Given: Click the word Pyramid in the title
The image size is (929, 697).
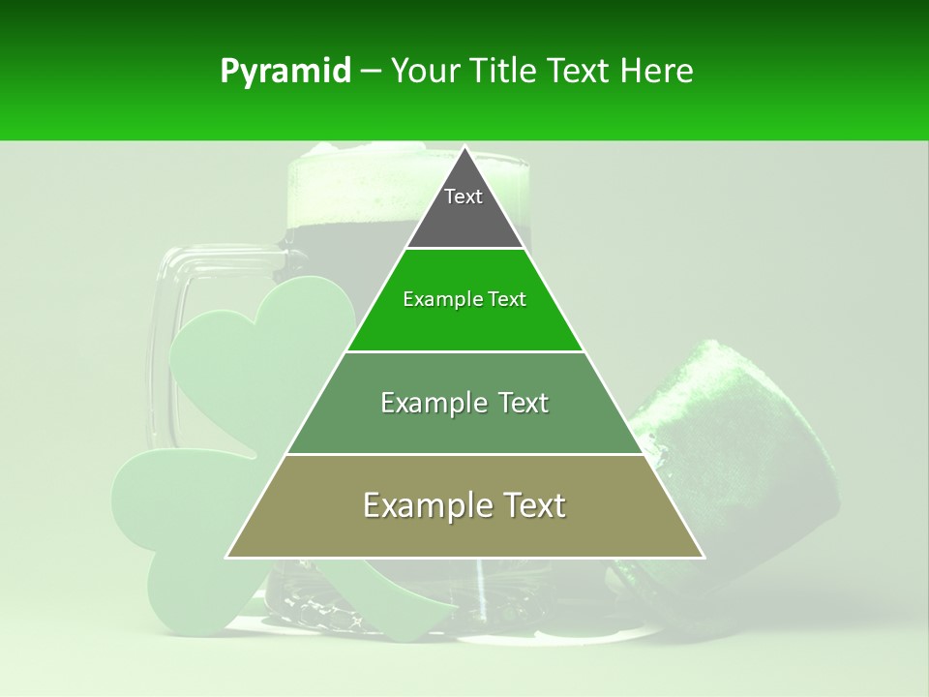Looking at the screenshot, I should pyautogui.click(x=285, y=72).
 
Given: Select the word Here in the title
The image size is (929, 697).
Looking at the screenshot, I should pyautogui.click(x=657, y=72).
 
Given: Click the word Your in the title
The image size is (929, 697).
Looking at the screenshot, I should pyautogui.click(x=427, y=72).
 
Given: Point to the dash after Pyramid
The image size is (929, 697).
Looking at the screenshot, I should pyautogui.click(x=371, y=72).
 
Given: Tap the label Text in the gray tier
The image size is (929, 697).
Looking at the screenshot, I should pyautogui.click(x=463, y=197).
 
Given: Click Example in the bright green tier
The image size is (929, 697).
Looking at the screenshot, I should pyautogui.click(x=434, y=299).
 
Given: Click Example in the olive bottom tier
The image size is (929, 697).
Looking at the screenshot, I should pyautogui.click(x=423, y=505).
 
